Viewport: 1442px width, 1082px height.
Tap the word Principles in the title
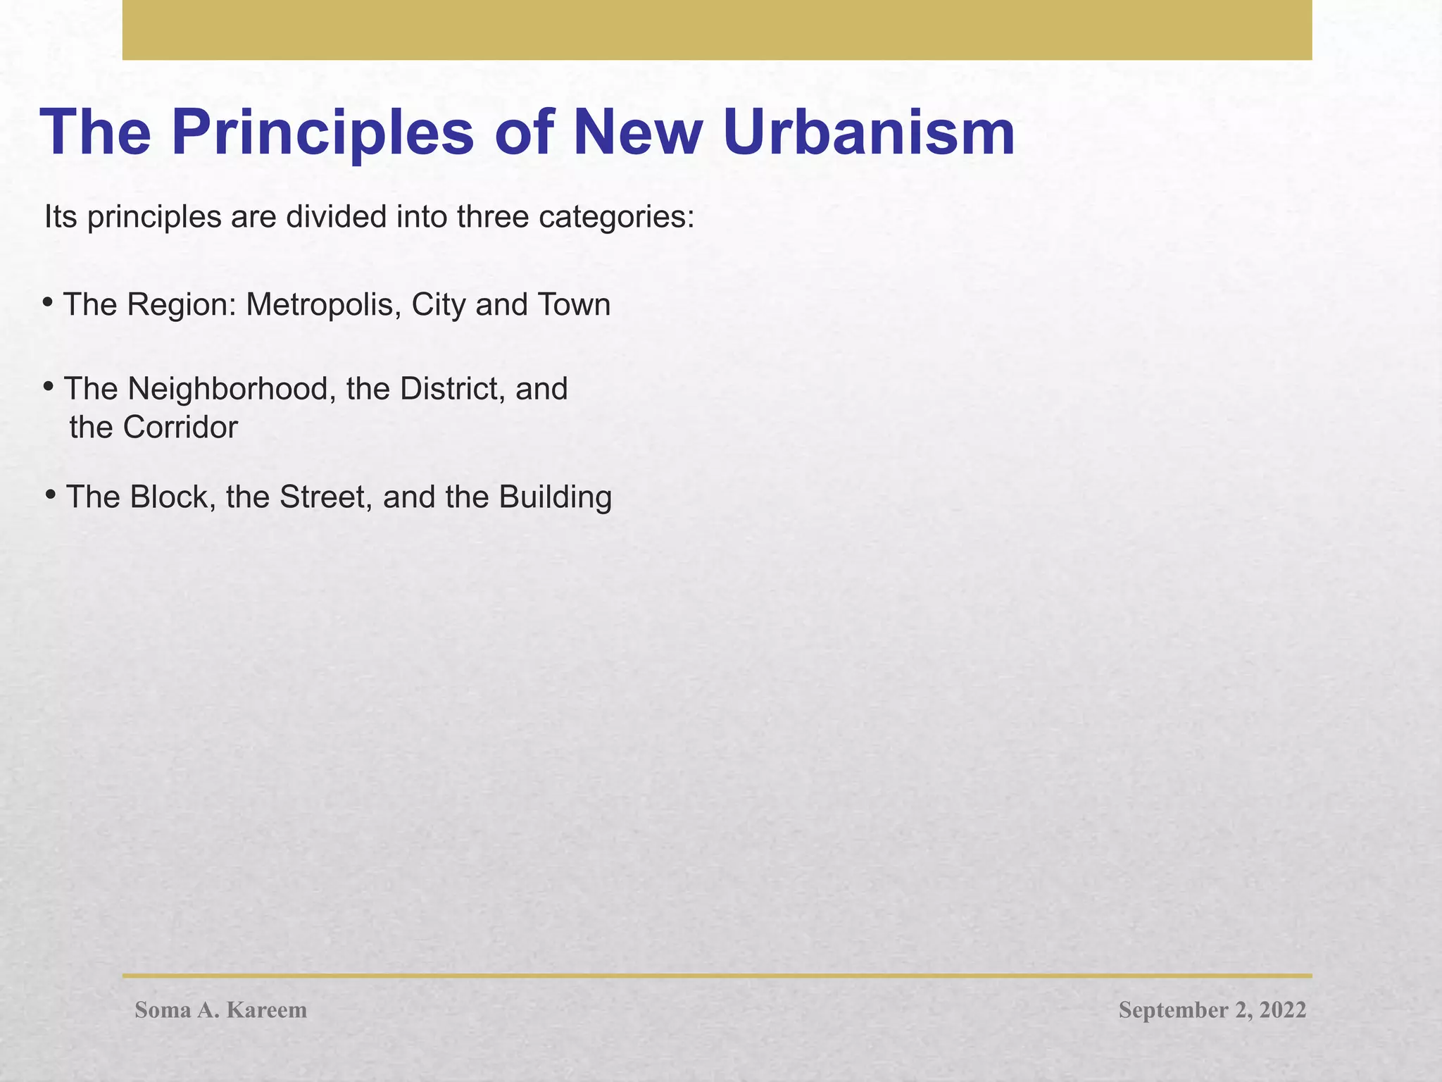(322, 135)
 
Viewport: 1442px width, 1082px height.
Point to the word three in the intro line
(494, 217)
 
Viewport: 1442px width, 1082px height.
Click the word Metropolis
(323, 306)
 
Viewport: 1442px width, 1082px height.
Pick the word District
(449, 389)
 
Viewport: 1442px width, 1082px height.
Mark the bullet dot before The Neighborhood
(48, 386)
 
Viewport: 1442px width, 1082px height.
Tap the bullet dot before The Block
(50, 495)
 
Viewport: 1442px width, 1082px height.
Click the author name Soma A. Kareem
(221, 1010)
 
